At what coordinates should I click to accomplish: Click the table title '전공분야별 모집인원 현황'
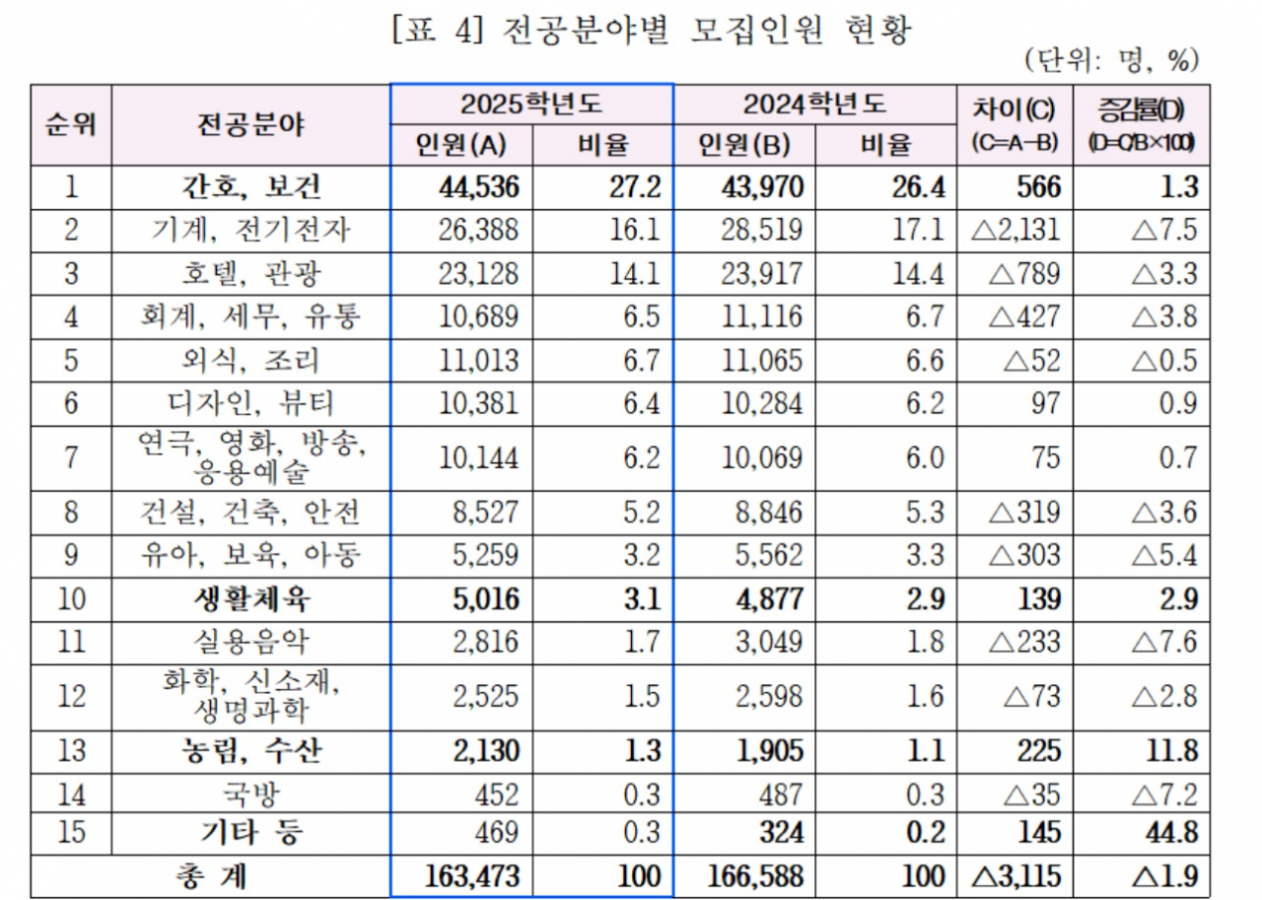click(x=706, y=30)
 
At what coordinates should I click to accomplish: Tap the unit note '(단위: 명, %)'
click(x=1112, y=60)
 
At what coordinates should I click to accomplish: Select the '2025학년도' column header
click(x=531, y=104)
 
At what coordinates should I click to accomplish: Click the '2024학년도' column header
click(x=814, y=104)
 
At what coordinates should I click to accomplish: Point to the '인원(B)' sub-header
click(x=743, y=145)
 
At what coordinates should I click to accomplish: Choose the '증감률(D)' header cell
click(x=1142, y=109)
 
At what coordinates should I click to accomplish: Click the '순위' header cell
click(x=71, y=124)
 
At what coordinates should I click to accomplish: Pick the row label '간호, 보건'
click(x=250, y=187)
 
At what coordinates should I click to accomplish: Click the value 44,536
click(x=479, y=187)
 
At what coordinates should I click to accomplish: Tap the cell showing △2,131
click(x=1016, y=230)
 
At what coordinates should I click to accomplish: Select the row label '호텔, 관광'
click(x=250, y=274)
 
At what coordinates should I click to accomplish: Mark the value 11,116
click(x=762, y=316)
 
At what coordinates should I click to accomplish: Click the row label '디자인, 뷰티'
click(x=250, y=403)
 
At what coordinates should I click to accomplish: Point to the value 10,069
click(x=762, y=457)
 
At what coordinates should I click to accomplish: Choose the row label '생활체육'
click(x=251, y=599)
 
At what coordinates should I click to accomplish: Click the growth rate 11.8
click(x=1172, y=751)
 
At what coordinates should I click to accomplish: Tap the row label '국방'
click(x=250, y=795)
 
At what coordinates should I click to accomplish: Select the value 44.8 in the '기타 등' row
click(x=1172, y=832)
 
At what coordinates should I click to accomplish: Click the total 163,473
click(x=472, y=876)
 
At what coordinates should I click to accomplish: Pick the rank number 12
click(x=71, y=697)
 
